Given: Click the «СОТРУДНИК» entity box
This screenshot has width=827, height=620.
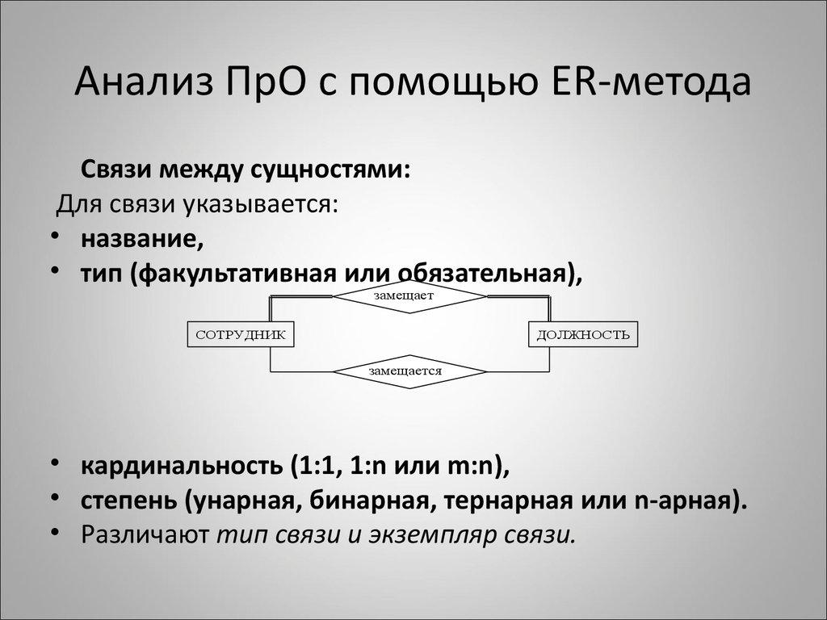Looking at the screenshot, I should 240,333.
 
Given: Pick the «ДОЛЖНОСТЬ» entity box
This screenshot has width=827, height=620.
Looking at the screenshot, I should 583,333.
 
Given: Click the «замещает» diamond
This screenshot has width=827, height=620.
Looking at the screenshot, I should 410,295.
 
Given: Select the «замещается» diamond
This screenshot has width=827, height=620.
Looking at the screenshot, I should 410,371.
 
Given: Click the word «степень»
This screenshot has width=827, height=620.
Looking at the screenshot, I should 129,501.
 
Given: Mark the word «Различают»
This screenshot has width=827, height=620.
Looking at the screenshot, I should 145,535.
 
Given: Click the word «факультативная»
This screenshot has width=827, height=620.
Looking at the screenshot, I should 229,274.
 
